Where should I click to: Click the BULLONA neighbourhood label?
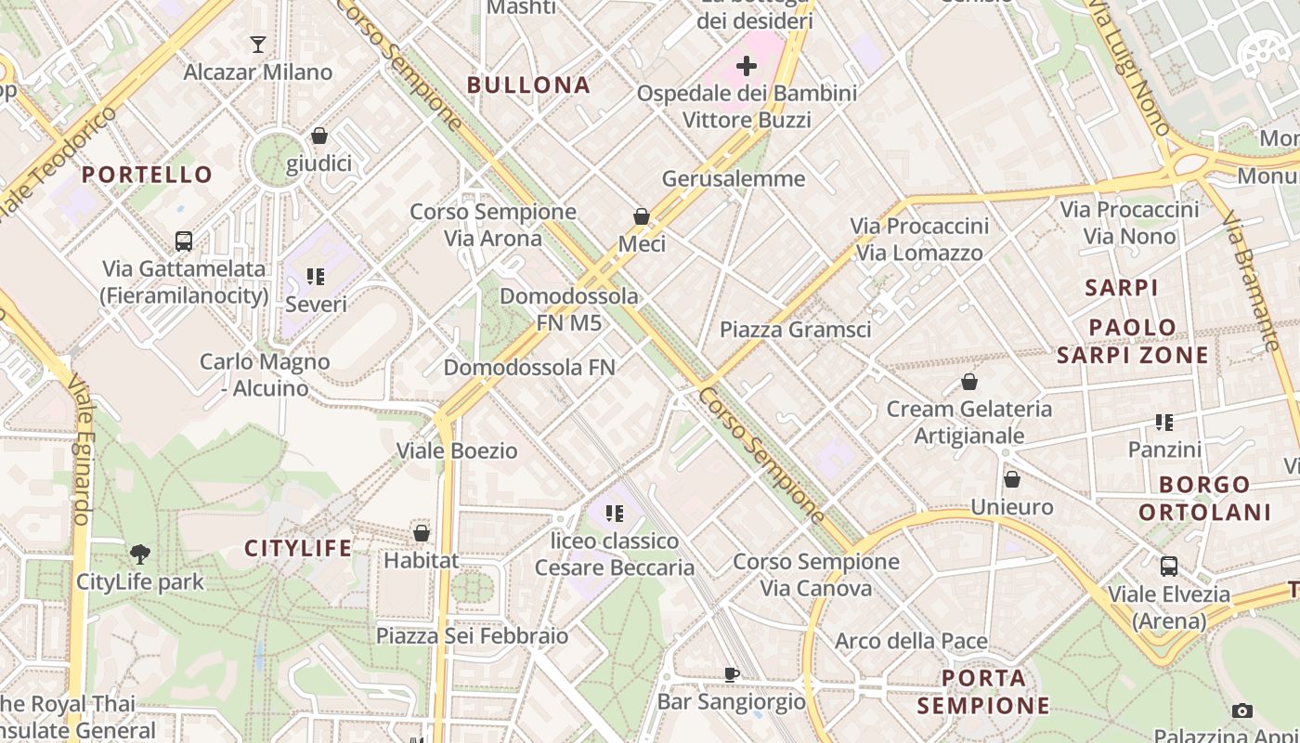click(528, 85)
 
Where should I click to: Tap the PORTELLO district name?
click(147, 175)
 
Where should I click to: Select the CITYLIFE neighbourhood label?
click(298, 548)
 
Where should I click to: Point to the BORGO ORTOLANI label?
click(1204, 498)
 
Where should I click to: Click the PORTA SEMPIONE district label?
click(983, 691)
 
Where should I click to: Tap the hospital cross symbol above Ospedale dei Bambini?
click(747, 66)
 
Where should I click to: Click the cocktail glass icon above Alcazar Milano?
click(258, 44)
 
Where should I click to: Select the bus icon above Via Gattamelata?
click(184, 241)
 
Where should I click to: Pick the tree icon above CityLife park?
click(140, 554)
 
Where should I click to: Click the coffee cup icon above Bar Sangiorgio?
click(732, 674)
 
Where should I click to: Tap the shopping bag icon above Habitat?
click(422, 533)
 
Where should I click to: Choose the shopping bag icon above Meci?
click(642, 216)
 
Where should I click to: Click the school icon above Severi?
click(316, 277)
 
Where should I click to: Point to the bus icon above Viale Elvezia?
click(1169, 566)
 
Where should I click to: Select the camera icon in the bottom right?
click(1242, 711)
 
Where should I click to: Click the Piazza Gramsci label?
click(795, 330)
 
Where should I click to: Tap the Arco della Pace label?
click(911, 641)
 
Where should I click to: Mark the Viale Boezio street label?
click(457, 451)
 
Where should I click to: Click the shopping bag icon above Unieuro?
click(1012, 479)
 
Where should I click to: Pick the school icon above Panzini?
click(1164, 423)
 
